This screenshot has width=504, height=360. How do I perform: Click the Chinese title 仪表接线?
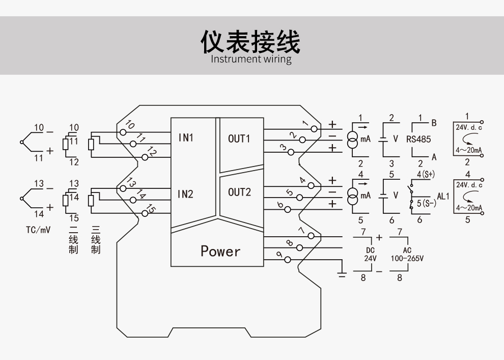pyautogui.click(x=251, y=41)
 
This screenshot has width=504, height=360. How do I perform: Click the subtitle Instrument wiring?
pyautogui.click(x=251, y=59)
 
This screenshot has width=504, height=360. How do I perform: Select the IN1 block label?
pyautogui.click(x=186, y=138)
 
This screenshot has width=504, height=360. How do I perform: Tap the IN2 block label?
pyautogui.click(x=186, y=194)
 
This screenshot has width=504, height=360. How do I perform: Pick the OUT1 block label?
pyautogui.click(x=239, y=139)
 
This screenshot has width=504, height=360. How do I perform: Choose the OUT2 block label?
pyautogui.click(x=239, y=192)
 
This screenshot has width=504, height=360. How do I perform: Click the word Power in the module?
pyautogui.click(x=220, y=251)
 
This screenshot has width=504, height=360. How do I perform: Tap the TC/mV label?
pyautogui.click(x=38, y=230)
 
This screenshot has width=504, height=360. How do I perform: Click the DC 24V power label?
pyautogui.click(x=370, y=255)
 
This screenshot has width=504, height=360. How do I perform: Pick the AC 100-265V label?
pyautogui.click(x=407, y=255)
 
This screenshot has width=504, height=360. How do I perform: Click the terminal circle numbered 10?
pyautogui.click(x=123, y=132)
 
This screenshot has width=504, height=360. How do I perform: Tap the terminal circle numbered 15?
pyautogui.click(x=145, y=213)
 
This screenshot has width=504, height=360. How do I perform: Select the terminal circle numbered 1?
pyautogui.click(x=314, y=128)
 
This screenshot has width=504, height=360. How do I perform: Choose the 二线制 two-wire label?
pyautogui.click(x=74, y=240)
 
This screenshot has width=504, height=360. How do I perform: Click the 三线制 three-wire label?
pyautogui.click(x=96, y=240)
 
